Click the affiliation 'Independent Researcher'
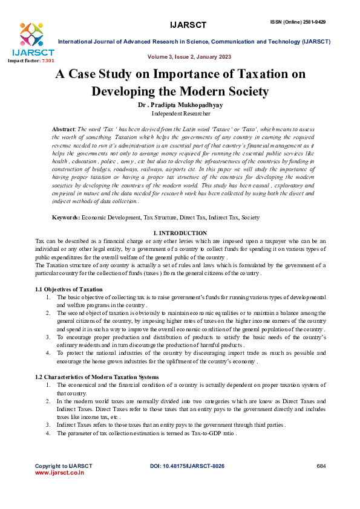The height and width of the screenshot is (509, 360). [181, 113]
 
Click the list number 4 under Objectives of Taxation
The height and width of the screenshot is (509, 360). [48, 352]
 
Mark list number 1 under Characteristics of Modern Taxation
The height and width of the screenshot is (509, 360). [48, 384]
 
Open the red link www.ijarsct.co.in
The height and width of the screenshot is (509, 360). [59, 473]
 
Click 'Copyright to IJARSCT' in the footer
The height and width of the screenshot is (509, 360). [64, 466]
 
